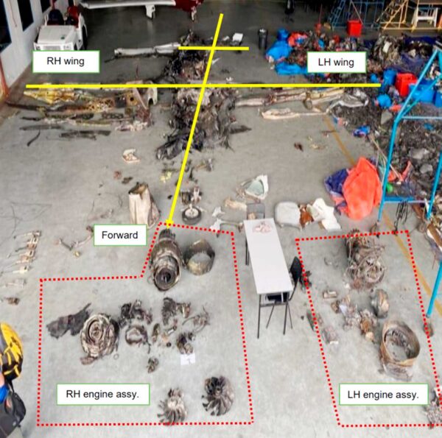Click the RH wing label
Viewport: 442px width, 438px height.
click(x=66, y=61)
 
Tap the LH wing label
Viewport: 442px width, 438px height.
click(x=336, y=63)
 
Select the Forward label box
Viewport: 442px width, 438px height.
click(x=120, y=235)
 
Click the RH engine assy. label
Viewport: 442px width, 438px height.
click(x=102, y=394)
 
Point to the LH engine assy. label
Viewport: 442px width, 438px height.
click(x=383, y=395)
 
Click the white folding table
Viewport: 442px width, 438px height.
click(x=267, y=256)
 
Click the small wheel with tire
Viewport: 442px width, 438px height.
click(x=192, y=216)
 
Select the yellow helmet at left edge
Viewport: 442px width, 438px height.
click(x=10, y=349)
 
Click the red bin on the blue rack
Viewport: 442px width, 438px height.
click(x=405, y=83)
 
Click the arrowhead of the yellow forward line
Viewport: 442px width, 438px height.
click(x=169, y=224)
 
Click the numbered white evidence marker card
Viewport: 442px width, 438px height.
click(x=188, y=359)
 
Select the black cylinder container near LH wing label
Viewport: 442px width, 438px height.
click(x=262, y=39)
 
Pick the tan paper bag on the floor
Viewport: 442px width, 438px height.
click(x=143, y=204)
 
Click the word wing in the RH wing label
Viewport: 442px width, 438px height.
click(x=74, y=61)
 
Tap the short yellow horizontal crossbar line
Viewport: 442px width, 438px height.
click(x=214, y=49)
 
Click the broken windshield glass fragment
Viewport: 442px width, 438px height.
click(x=256, y=187)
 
